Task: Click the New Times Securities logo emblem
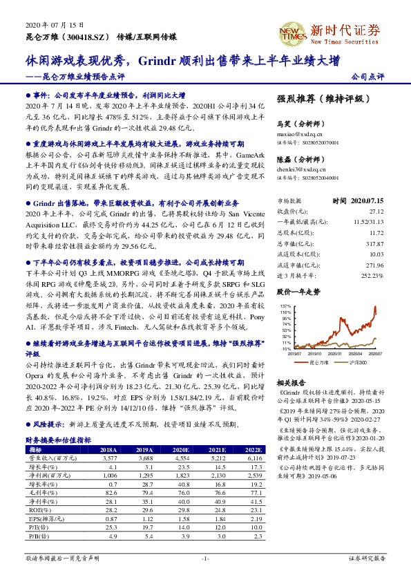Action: [291, 32]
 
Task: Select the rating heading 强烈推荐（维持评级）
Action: [319, 99]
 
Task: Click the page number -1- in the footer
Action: [204, 557]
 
